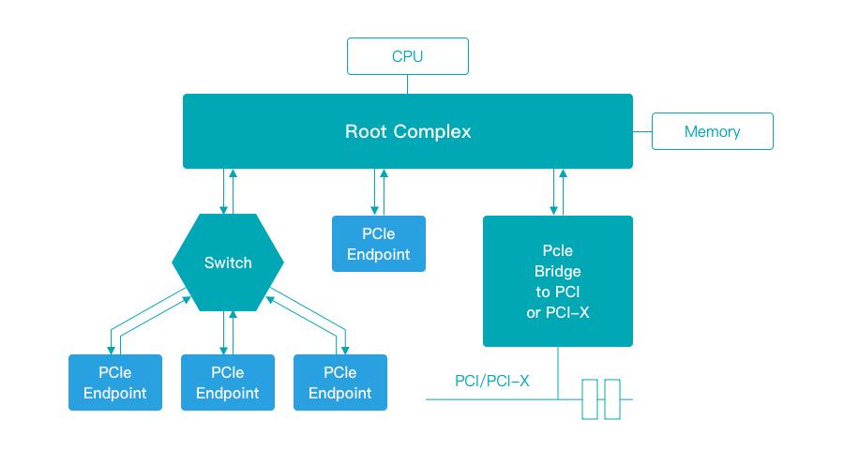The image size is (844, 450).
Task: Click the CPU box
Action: tap(407, 56)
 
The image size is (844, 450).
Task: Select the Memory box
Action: tap(712, 131)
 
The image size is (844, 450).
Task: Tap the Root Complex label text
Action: tap(408, 131)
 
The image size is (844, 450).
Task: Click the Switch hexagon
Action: tap(228, 262)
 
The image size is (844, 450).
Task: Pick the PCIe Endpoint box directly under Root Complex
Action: tap(378, 244)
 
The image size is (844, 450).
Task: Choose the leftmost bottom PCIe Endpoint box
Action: tap(115, 382)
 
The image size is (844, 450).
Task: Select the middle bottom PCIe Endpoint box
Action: tap(228, 382)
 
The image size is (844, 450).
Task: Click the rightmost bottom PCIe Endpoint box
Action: tap(340, 382)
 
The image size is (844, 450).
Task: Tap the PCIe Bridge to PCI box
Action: tap(557, 281)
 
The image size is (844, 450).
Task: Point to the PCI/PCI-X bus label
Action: tap(491, 381)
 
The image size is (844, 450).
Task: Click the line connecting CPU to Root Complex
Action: tap(408, 84)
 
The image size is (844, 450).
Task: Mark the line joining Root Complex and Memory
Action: tap(642, 131)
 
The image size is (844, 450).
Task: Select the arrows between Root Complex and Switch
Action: tap(228, 191)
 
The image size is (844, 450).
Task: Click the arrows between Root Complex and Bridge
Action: tap(557, 192)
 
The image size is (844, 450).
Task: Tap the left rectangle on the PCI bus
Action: tap(590, 399)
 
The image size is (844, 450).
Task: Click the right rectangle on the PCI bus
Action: tap(612, 399)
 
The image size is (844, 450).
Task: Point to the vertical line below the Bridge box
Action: tap(558, 370)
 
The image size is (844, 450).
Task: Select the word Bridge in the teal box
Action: tap(557, 271)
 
